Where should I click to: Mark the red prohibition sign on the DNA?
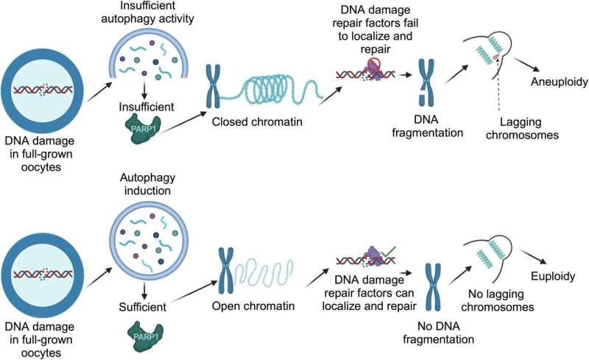pos(374,63)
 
